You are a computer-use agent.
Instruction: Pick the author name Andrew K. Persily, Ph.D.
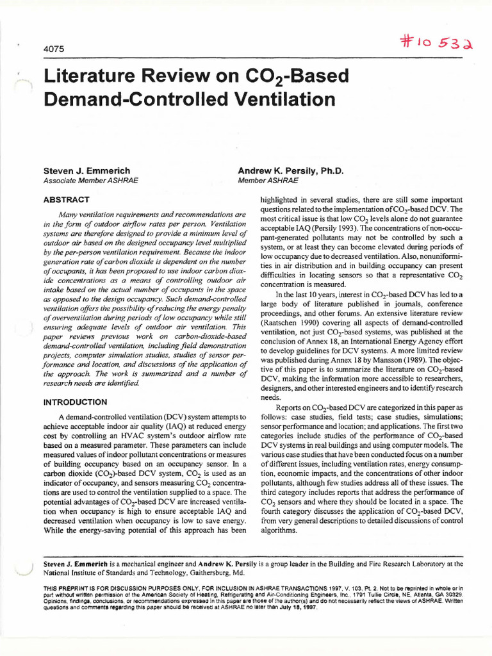(290, 171)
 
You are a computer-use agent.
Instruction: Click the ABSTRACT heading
(66, 199)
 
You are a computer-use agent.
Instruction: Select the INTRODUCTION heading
(75, 402)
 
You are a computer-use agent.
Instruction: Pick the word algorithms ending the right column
(278, 530)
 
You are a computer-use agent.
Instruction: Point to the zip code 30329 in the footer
(453, 594)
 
